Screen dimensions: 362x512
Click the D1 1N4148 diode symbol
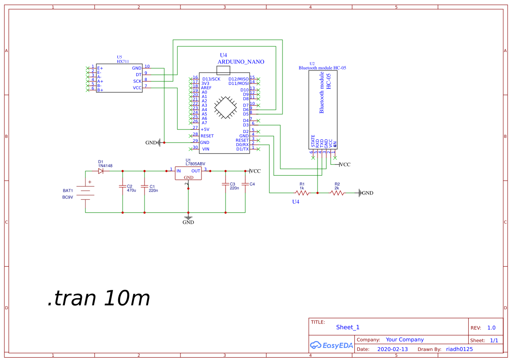click(101, 171)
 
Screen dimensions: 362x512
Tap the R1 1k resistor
click(302, 192)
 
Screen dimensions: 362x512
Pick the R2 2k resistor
click(337, 192)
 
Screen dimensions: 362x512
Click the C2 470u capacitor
click(122, 186)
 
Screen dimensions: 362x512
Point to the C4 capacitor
click(245, 184)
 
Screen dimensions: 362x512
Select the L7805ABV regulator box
click(188, 173)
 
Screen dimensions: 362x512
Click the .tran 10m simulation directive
click(99, 298)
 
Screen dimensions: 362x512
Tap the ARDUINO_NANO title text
click(241, 62)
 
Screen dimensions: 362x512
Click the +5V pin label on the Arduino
click(205, 129)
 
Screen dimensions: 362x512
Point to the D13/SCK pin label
click(211, 79)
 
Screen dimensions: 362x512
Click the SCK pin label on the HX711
click(137, 81)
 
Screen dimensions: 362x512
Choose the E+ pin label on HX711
click(100, 68)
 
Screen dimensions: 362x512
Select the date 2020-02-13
click(392, 349)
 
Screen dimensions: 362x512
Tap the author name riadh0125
click(459, 349)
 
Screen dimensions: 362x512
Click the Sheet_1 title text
click(348, 327)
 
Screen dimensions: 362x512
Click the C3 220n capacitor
click(225, 184)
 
